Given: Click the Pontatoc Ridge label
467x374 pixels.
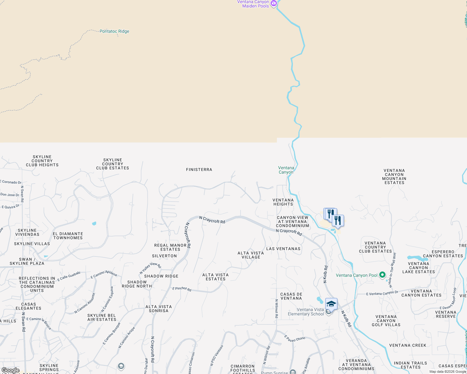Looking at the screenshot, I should pyautogui.click(x=114, y=31).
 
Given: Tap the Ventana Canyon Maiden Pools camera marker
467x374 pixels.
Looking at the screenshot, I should pyautogui.click(x=274, y=4).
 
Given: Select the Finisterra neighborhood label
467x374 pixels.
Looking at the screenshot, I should pyautogui.click(x=199, y=170).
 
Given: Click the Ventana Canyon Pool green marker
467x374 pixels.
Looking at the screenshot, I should pyautogui.click(x=382, y=275).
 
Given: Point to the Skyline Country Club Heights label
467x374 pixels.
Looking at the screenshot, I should pyautogui.click(x=42, y=161).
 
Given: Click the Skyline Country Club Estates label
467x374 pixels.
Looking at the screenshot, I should pyautogui.click(x=113, y=164).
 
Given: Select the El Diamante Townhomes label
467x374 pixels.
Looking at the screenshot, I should pyautogui.click(x=68, y=236).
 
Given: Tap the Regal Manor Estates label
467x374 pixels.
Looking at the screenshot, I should pyautogui.click(x=170, y=247).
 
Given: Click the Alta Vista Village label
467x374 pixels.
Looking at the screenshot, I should pyautogui.click(x=251, y=255).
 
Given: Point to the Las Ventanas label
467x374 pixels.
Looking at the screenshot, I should pyautogui.click(x=283, y=249).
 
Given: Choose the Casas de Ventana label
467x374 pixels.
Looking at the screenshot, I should pyautogui.click(x=291, y=296).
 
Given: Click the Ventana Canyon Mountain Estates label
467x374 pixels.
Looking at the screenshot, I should pyautogui.click(x=394, y=176).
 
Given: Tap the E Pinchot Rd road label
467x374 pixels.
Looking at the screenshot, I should pyautogui.click(x=182, y=289).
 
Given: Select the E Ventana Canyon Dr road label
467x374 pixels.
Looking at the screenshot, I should pyautogui.click(x=382, y=293).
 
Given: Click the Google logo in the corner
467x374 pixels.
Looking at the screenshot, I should pyautogui.click(x=11, y=370).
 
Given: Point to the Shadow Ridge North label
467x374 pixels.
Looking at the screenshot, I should pyautogui.click(x=137, y=284).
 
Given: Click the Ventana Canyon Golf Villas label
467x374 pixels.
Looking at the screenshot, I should pyautogui.click(x=386, y=321).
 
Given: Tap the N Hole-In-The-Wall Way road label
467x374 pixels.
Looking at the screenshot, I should pyautogui.click(x=392, y=270).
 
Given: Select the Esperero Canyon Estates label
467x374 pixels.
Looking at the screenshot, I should pyautogui.click(x=443, y=254).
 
